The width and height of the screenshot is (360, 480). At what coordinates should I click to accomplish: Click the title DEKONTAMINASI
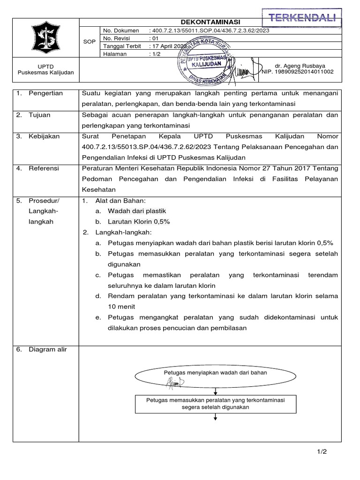[x=210, y=22]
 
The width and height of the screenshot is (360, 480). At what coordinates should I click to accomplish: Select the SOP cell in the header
[x=89, y=42]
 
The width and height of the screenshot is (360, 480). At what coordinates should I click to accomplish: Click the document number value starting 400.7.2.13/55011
[x=209, y=30]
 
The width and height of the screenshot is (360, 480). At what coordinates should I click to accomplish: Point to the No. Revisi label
[x=118, y=38]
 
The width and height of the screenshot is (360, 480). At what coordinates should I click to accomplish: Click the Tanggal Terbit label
[x=122, y=46]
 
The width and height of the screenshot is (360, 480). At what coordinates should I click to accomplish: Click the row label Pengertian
[x=45, y=93]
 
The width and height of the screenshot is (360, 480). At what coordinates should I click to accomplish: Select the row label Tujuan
[x=39, y=114]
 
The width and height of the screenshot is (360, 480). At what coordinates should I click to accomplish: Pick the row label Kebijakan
[x=44, y=136]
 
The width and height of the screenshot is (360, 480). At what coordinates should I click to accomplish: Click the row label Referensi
[x=44, y=168]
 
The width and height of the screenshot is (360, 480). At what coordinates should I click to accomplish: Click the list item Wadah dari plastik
[x=137, y=211]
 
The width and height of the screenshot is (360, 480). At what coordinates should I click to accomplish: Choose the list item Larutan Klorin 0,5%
[x=139, y=222]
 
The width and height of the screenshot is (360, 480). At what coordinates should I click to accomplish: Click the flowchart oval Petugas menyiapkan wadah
[x=215, y=374]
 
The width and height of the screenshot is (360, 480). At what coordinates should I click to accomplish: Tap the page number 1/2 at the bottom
[x=321, y=451]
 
